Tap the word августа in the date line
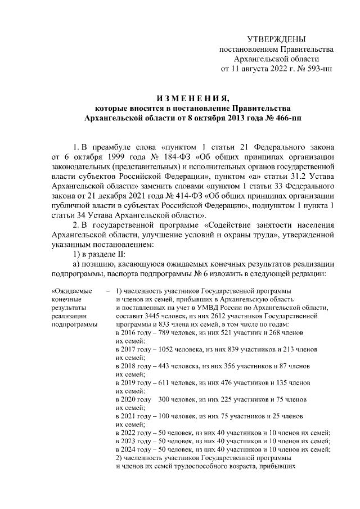(x=256, y=69)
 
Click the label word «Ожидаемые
(x=73, y=291)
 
